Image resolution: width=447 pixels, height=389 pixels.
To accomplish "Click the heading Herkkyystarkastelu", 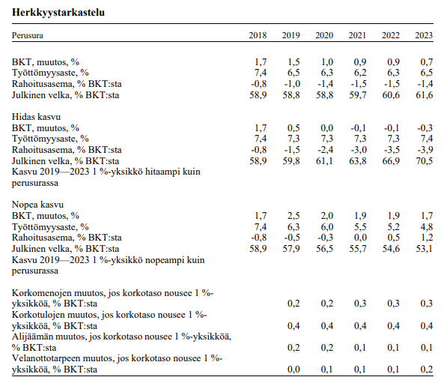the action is [58, 12].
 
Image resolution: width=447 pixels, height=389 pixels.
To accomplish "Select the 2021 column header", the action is [357, 35].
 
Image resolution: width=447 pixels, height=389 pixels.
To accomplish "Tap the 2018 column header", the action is [258, 35].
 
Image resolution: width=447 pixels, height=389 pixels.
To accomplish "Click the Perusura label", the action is [28, 35].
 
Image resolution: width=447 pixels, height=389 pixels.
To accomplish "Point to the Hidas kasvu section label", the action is [36, 117].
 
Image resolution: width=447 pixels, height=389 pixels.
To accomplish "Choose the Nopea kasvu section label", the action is [37, 205].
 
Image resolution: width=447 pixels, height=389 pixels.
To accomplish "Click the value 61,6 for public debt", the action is [425, 94].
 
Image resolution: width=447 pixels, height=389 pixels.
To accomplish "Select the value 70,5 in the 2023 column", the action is [425, 160].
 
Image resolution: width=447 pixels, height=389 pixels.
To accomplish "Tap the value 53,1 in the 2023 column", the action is [425, 249].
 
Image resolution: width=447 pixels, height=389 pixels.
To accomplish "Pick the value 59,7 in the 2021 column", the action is [358, 94].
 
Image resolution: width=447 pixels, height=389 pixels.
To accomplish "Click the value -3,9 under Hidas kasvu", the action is [425, 150].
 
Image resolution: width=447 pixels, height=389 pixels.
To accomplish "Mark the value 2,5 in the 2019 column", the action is [294, 215].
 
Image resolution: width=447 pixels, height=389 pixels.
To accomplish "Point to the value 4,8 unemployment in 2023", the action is [427, 227].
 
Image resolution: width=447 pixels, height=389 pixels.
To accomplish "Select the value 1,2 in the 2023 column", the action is [427, 238].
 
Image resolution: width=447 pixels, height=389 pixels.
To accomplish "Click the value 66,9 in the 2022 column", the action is [391, 160].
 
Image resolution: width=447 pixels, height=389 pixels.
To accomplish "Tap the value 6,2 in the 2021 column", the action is [360, 73].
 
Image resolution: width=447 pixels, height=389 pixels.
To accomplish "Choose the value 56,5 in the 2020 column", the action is [324, 249].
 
